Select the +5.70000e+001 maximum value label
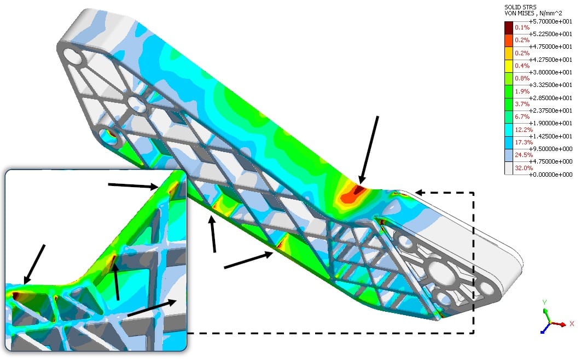pos(550,21)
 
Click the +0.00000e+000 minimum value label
pos(550,175)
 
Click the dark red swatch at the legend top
pos(509,28)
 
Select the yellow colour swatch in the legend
pos(509,66)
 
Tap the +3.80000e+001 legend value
pos(550,72)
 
